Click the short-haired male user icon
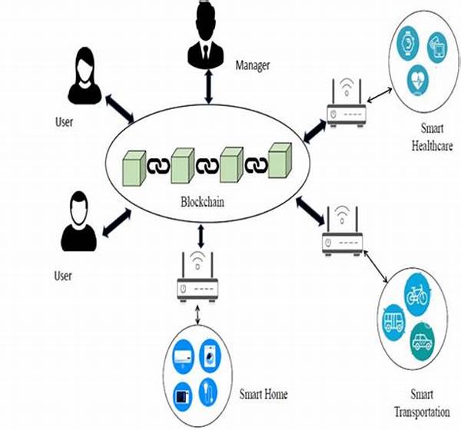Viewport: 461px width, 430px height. point(78,222)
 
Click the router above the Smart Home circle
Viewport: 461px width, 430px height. point(197,279)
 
